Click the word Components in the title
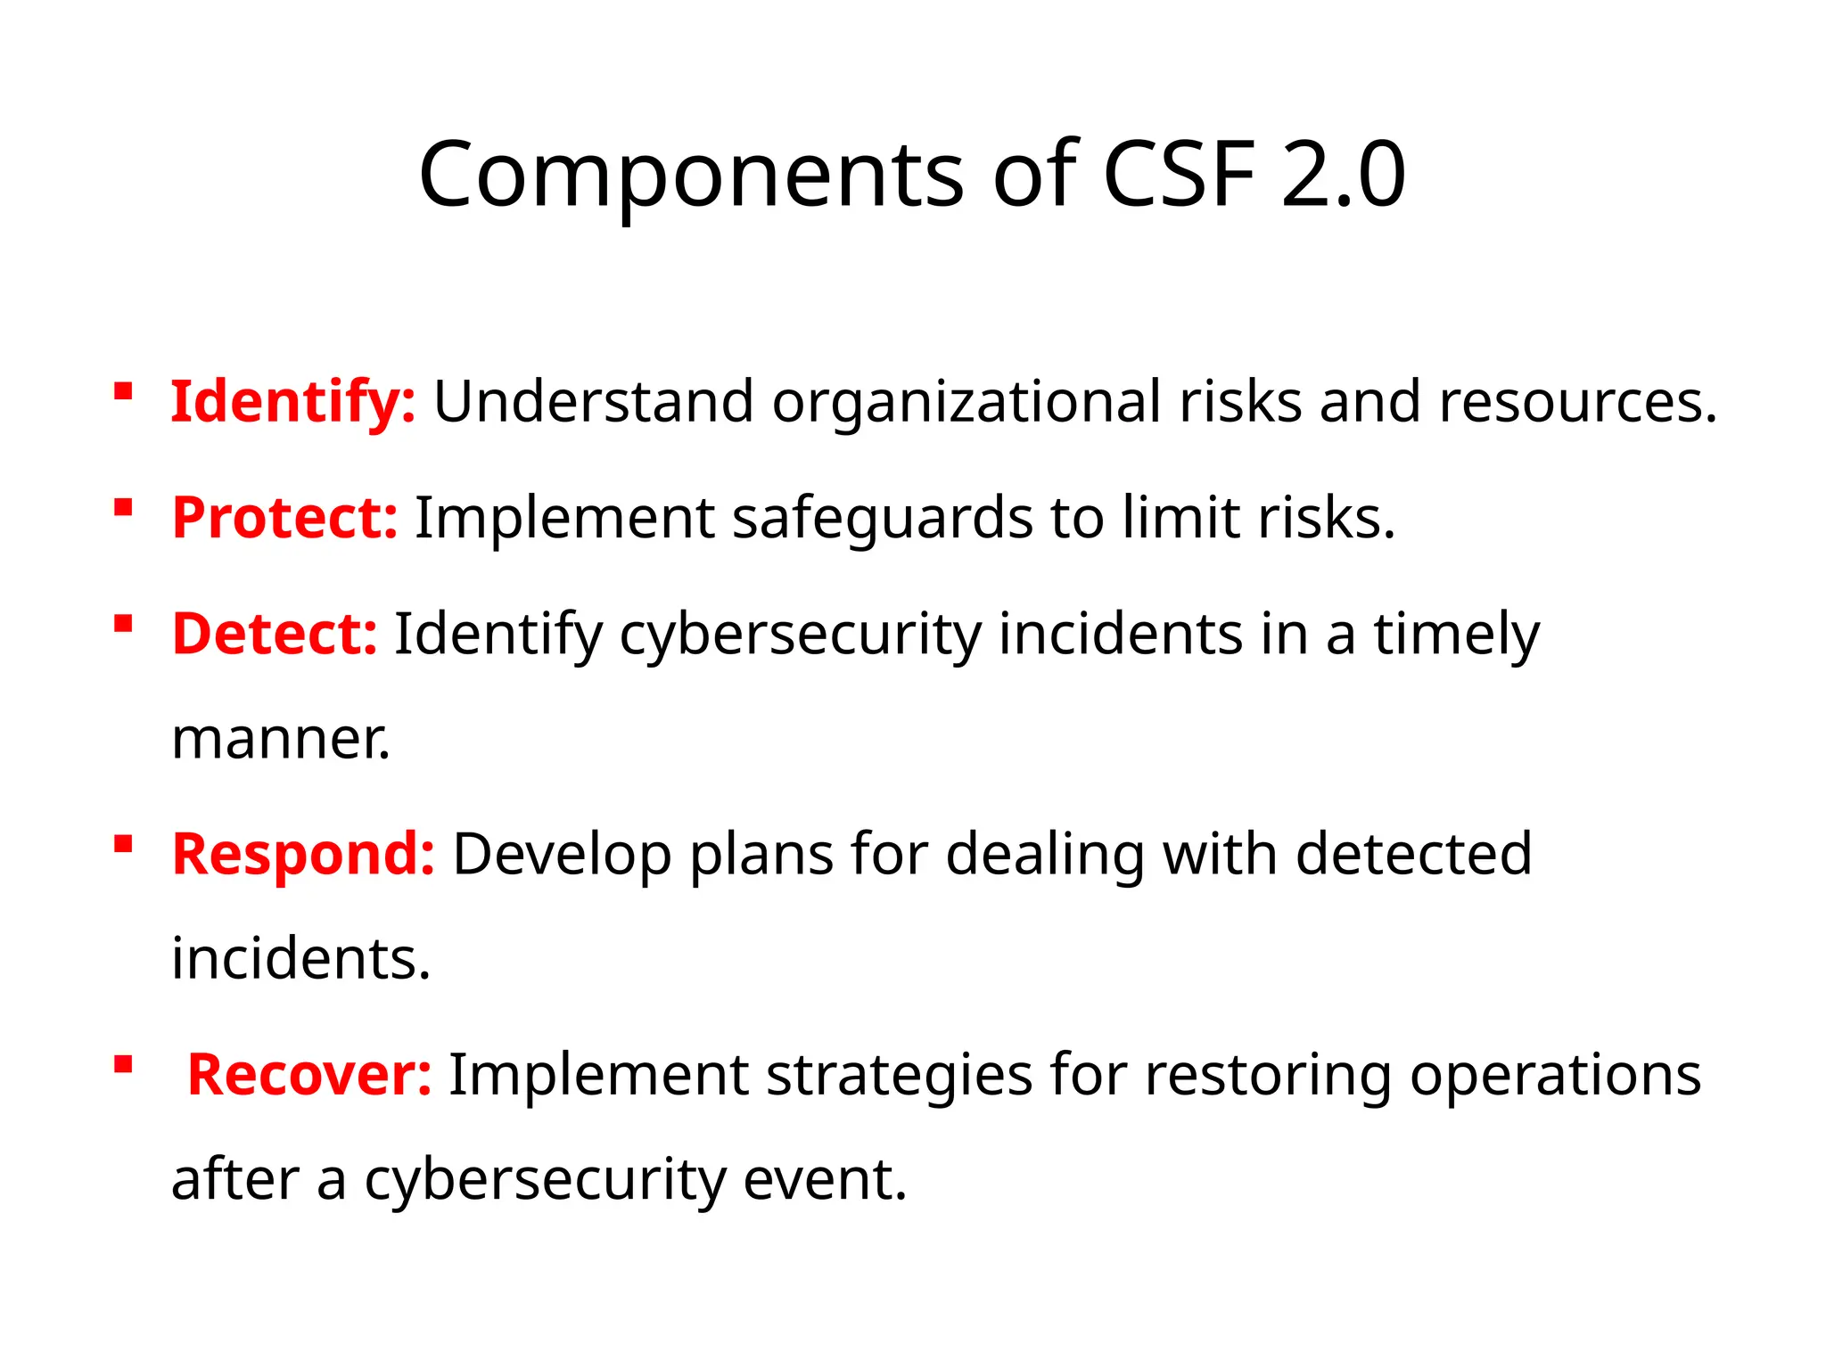tap(691, 175)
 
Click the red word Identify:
tap(292, 402)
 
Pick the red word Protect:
tap(284, 518)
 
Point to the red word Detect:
tap(275, 634)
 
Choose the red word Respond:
tap(303, 854)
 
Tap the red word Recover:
tap(309, 1074)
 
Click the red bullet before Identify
tap(123, 391)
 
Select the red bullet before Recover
tap(123, 1064)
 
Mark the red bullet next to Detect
tap(123, 623)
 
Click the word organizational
tap(966, 402)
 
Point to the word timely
tap(1456, 634)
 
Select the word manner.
tap(280, 740)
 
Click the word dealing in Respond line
tap(1044, 854)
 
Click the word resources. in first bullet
tap(1577, 402)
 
